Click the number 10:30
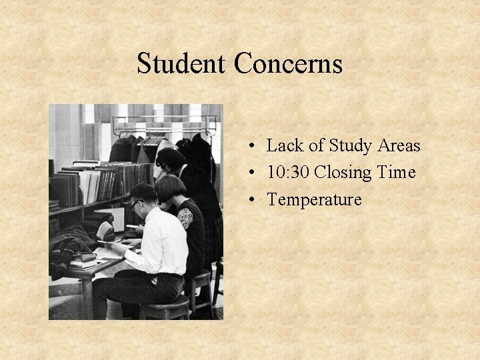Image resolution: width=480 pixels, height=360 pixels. (288, 173)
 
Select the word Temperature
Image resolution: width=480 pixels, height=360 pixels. (314, 199)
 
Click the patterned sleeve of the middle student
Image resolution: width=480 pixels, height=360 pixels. (185, 217)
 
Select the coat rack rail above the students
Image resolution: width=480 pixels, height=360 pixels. (164, 119)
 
